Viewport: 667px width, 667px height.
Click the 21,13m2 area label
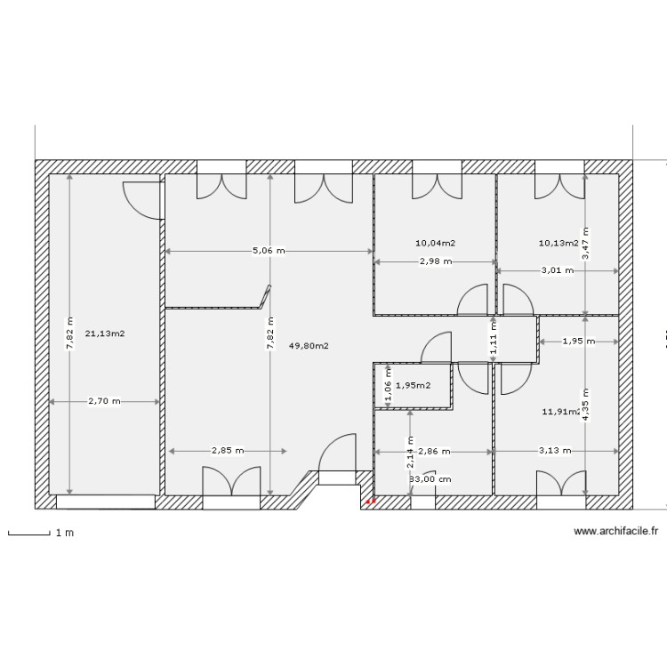[105, 334]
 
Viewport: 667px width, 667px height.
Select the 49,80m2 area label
[309, 346]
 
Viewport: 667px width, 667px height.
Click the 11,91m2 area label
[561, 412]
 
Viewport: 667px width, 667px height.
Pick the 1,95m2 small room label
[413, 386]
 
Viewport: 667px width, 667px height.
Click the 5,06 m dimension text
[269, 251]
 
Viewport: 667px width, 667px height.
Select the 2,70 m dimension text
[105, 402]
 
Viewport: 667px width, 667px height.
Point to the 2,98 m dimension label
[435, 261]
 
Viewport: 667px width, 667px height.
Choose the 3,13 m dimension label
[556, 451]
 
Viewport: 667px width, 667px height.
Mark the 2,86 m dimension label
[433, 452]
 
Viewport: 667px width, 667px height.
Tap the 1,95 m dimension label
[578, 341]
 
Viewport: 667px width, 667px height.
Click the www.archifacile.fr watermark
[615, 531]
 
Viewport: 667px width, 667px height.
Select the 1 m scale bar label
[64, 534]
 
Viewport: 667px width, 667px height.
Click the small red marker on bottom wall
[371, 502]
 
